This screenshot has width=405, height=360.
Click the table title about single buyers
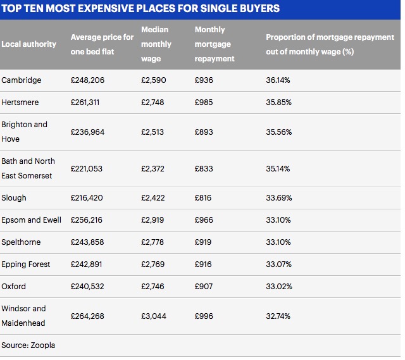(141, 9)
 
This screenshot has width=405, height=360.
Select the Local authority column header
(29, 44)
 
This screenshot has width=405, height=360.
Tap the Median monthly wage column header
(156, 44)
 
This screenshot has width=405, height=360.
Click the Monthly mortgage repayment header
(215, 44)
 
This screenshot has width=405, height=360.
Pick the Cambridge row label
(22, 80)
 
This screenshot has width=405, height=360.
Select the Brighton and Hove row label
(24, 132)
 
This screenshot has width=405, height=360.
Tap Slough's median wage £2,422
(153, 198)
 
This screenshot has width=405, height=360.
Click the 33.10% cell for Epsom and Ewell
(278, 220)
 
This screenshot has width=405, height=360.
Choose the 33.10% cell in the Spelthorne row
(278, 242)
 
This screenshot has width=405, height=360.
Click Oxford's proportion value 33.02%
(279, 287)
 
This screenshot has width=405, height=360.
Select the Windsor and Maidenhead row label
(24, 315)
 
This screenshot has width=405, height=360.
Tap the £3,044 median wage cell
(154, 316)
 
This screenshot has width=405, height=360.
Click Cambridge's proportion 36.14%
(278, 80)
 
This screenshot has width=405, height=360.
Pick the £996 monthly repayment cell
(204, 316)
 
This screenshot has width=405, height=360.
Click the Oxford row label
(14, 287)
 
